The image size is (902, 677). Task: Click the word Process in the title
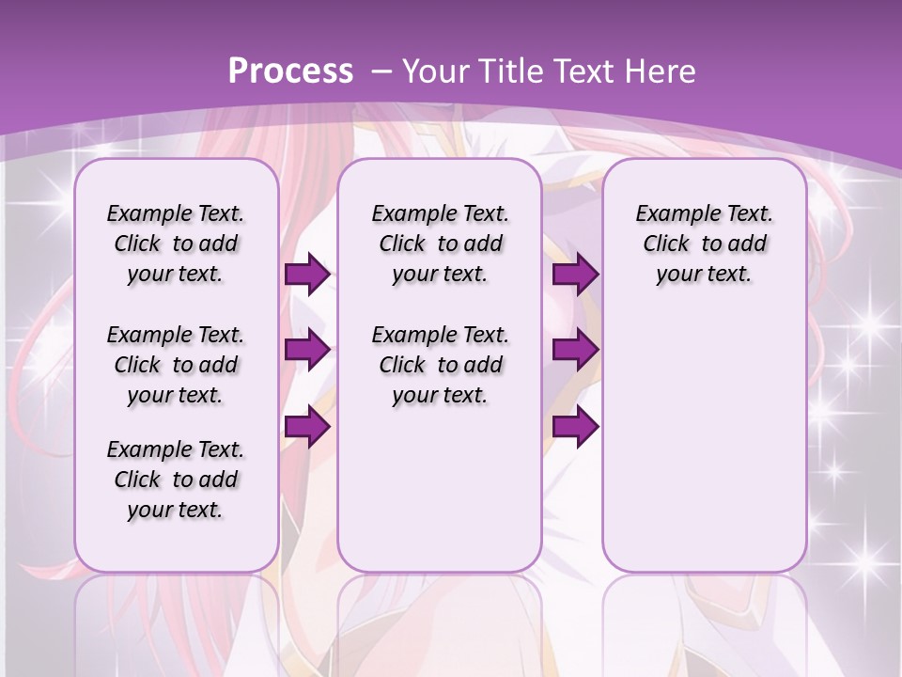coord(290,71)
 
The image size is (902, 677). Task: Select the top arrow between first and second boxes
coord(307,274)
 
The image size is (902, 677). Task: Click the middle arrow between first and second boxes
coord(307,350)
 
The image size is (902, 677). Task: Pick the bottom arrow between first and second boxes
coord(307,427)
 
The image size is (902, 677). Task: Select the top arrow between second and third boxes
coord(575,274)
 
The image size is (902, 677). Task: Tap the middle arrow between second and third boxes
coord(575,350)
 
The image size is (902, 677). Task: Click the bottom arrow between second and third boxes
coord(575,427)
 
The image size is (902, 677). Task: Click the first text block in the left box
coord(176,244)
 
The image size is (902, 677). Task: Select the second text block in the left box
coord(176,365)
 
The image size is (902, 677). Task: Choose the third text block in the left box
coord(176,480)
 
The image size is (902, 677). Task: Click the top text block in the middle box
coord(440,244)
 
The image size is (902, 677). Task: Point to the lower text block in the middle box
coord(440,365)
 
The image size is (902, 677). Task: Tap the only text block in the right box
coord(704,244)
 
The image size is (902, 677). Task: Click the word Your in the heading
coord(436,71)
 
